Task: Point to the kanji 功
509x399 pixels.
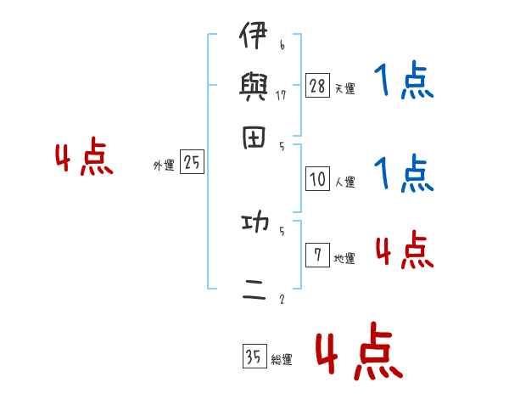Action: [x=255, y=223]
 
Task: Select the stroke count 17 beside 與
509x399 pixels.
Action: [x=282, y=95]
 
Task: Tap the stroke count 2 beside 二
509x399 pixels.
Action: [x=281, y=299]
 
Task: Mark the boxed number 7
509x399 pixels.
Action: [x=317, y=256]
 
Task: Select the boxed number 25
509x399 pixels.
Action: [x=192, y=162]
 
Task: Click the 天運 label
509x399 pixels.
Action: [x=344, y=88]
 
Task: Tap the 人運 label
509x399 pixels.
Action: [x=344, y=182]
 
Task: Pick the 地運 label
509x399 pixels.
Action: [x=344, y=259]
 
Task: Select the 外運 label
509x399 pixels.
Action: [x=164, y=166]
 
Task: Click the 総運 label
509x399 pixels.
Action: [x=282, y=360]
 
